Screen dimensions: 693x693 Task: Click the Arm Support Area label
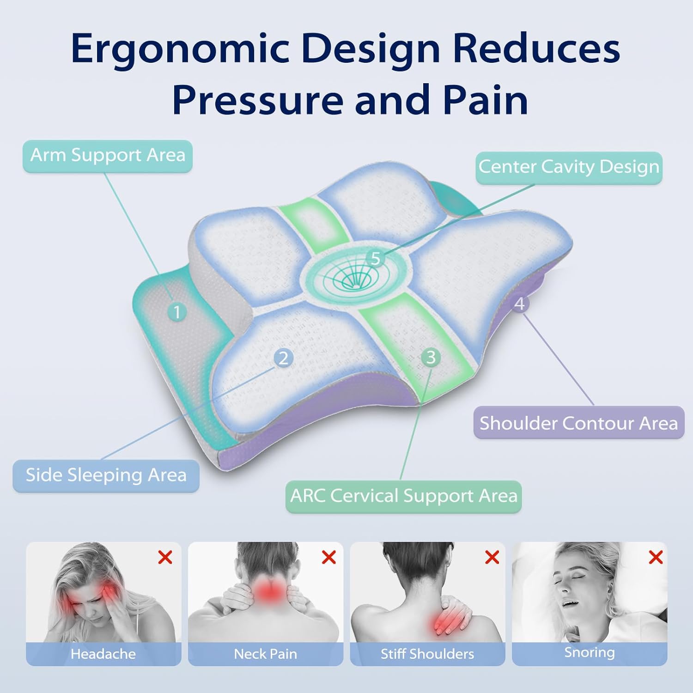point(108,156)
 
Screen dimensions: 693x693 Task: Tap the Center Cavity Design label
point(569,168)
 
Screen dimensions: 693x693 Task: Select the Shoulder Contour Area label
point(578,423)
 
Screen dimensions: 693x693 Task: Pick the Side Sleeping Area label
point(106,476)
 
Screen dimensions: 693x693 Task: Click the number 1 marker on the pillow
point(176,312)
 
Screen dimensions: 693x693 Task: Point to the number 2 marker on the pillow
point(283,358)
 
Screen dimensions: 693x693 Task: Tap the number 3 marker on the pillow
point(431,357)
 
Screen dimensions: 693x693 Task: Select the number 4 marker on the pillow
point(520,304)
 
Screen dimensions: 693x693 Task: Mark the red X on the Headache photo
point(165,557)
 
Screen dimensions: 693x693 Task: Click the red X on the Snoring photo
point(656,557)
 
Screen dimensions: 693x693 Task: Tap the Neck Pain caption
point(265,654)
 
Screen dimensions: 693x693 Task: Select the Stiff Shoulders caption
point(427,654)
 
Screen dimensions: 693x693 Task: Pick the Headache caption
point(103,654)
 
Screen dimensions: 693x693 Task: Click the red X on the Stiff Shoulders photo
point(492,557)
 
